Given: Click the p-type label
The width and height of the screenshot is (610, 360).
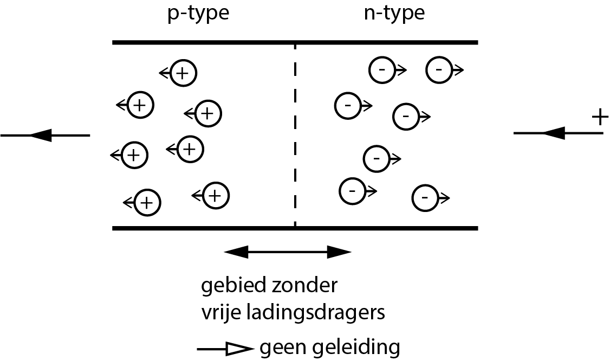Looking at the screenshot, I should [x=197, y=13].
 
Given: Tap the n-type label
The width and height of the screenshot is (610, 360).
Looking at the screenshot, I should [x=394, y=13].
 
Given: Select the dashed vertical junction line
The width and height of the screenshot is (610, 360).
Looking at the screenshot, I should [x=295, y=136].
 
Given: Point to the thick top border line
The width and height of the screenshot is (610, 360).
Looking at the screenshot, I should [x=295, y=42].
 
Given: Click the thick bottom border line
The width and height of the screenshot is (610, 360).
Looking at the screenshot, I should [x=295, y=228].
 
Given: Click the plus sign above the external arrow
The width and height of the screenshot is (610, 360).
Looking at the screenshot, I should [x=598, y=118].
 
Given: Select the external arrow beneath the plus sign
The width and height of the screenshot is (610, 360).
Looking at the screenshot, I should [x=558, y=133].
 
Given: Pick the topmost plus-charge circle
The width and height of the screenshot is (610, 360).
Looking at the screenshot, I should [x=183, y=73].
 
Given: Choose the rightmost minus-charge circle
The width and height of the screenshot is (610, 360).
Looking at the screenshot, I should [x=438, y=70].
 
